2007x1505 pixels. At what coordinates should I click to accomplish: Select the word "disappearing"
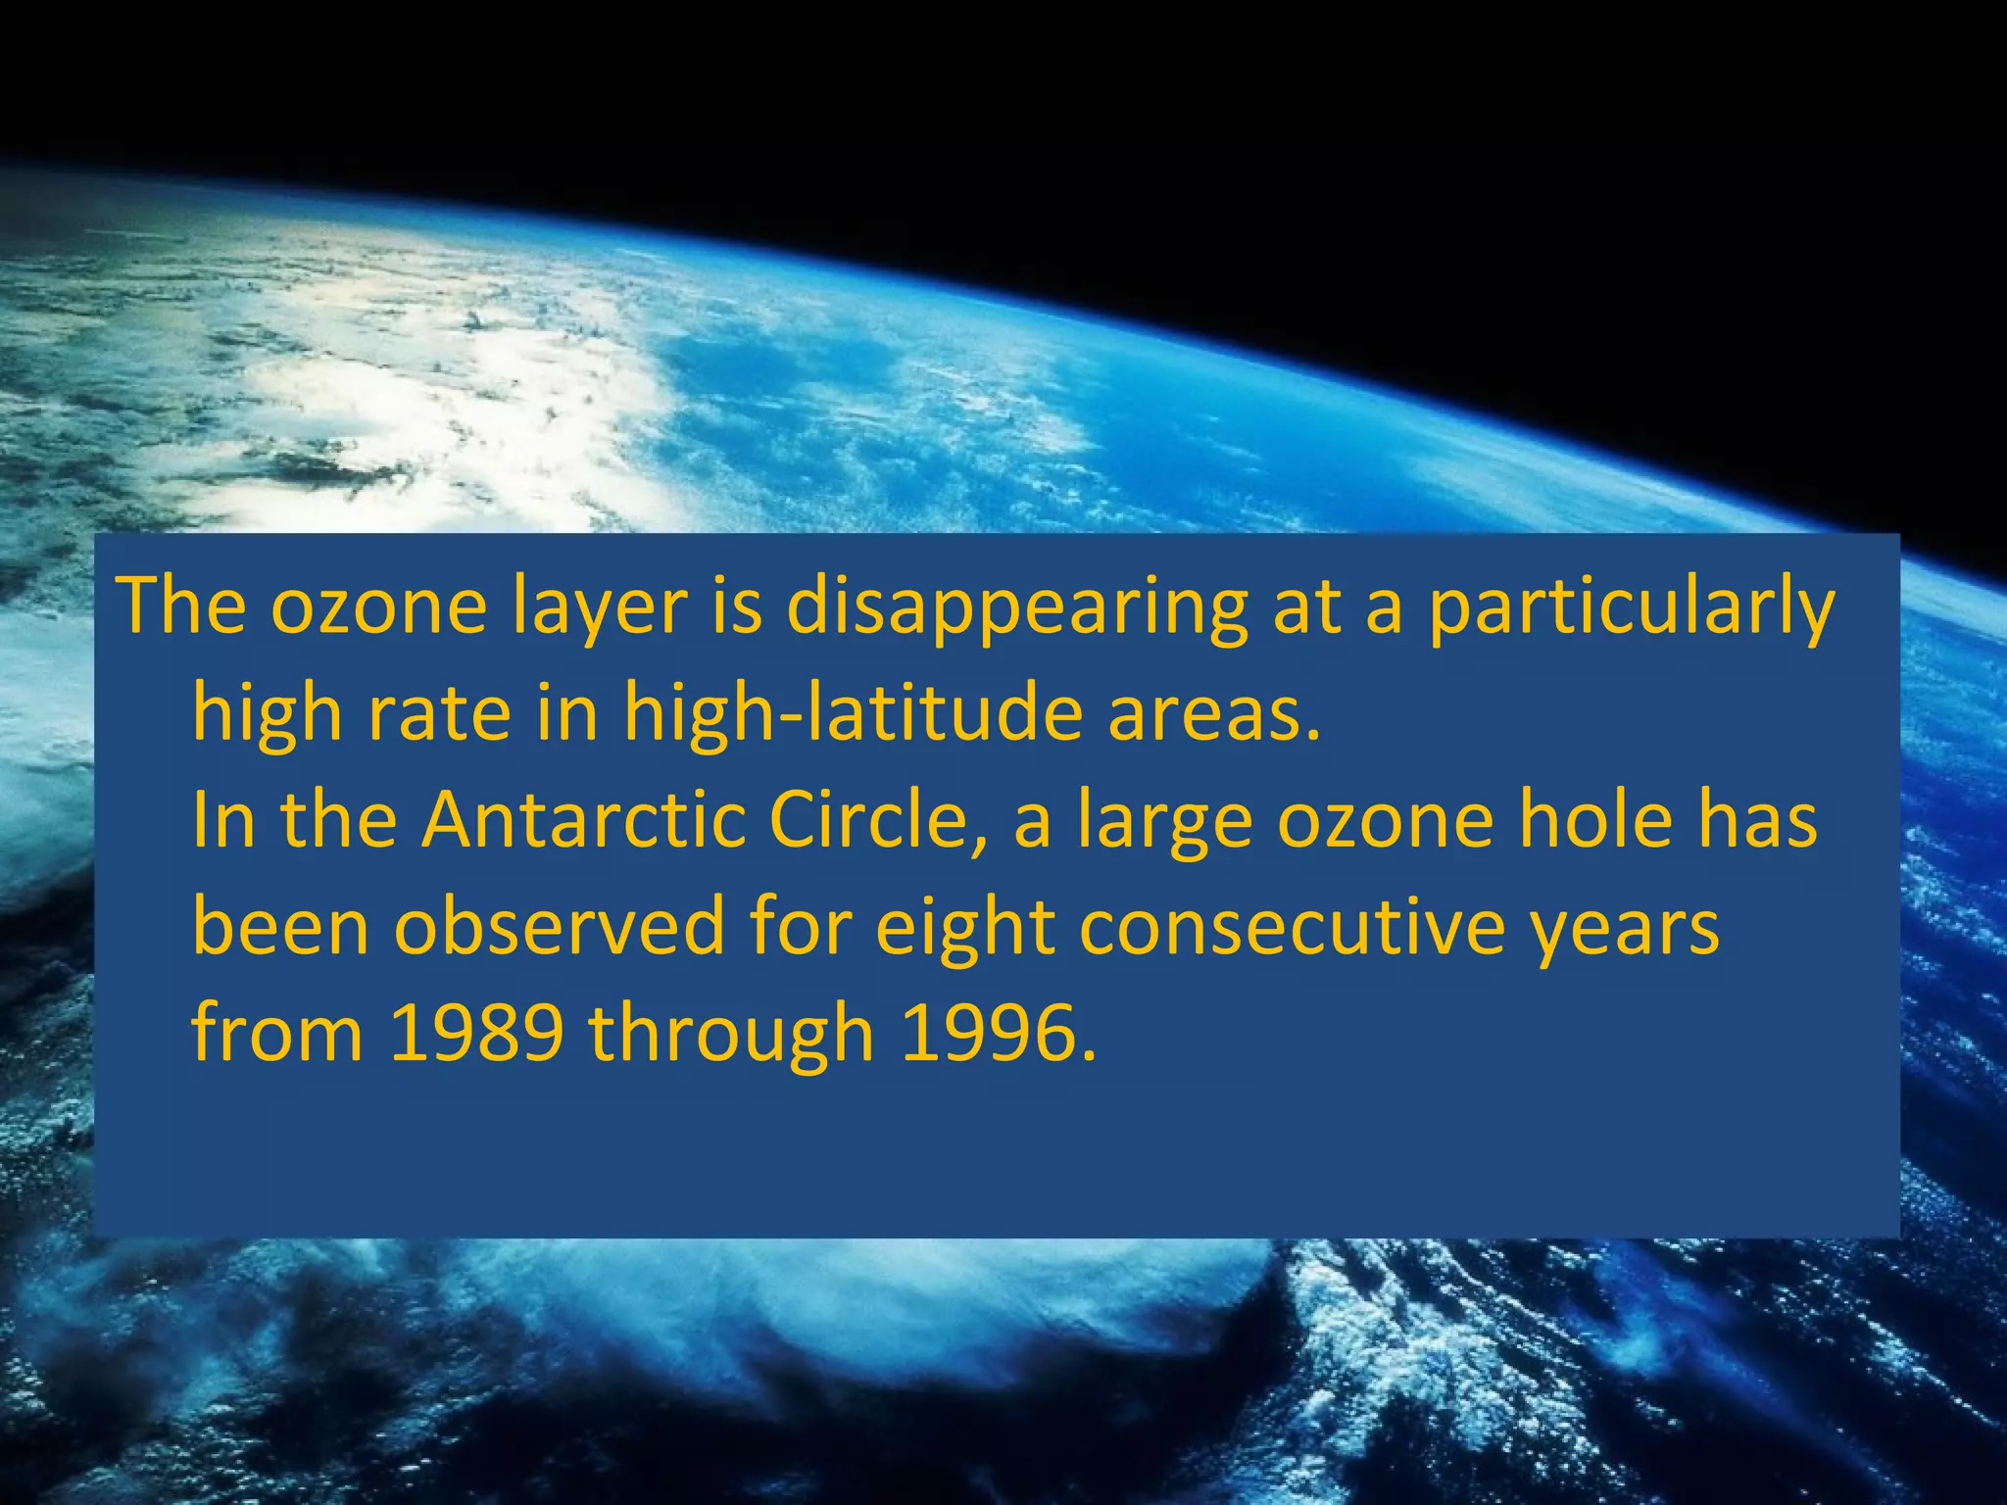coord(1016,608)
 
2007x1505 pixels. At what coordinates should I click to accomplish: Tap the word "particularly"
coord(1630,608)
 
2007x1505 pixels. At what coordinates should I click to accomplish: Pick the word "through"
coord(731,1035)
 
